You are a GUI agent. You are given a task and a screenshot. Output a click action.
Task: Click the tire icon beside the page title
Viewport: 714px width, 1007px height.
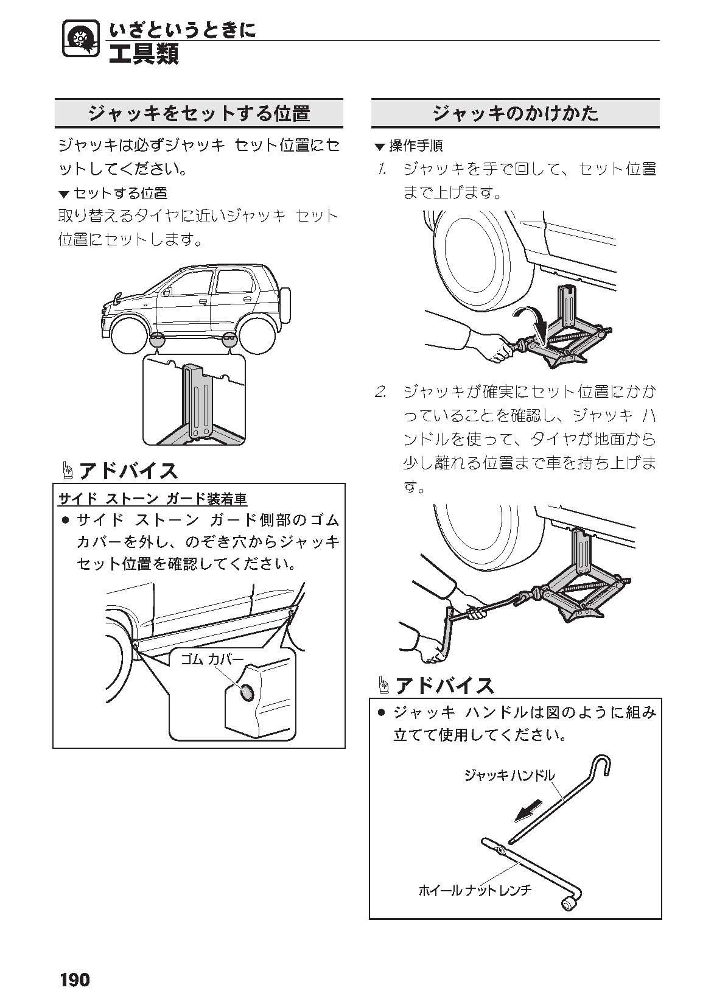(x=80, y=39)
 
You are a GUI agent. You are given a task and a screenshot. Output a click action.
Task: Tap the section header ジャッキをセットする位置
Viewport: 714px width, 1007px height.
(x=199, y=113)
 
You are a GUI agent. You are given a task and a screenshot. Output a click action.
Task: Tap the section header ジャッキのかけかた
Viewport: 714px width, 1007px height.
(x=516, y=113)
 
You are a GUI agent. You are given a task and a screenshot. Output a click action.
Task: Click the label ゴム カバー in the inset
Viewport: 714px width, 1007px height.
(x=212, y=659)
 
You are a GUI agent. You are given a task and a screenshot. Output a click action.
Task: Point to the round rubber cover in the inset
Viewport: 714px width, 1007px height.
(x=247, y=692)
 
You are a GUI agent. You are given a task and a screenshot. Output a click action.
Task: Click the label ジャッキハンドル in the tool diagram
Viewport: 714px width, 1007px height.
(x=509, y=775)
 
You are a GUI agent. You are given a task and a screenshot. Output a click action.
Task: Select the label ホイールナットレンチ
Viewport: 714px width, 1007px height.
(x=475, y=889)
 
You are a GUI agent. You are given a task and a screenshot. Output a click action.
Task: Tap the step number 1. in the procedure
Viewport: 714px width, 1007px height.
(x=382, y=169)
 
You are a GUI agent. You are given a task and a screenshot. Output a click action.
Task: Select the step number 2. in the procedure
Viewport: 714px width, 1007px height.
(x=381, y=391)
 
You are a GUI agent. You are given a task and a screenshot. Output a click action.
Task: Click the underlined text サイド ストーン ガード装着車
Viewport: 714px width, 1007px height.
(x=153, y=499)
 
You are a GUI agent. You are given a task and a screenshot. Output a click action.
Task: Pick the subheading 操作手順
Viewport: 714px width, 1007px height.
(x=416, y=146)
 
